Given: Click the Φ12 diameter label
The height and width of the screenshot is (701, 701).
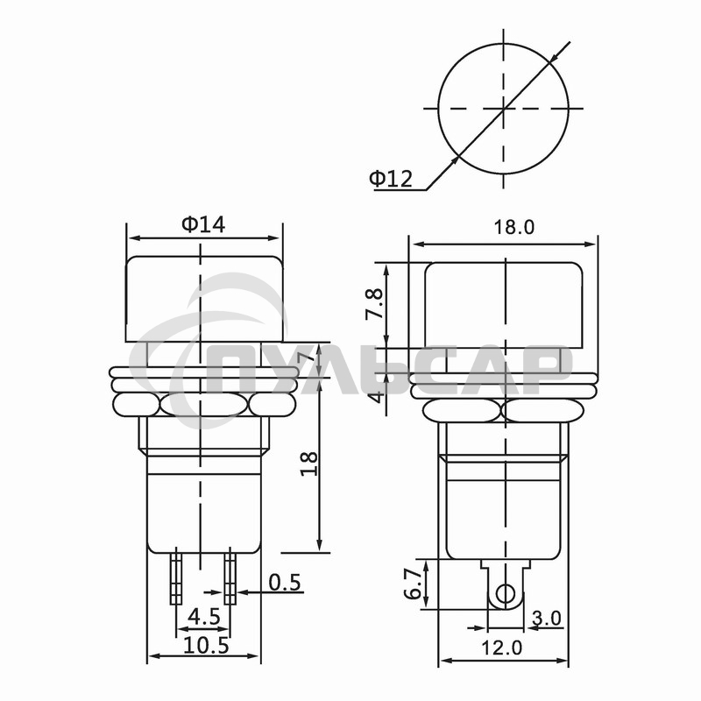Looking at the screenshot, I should (x=390, y=179).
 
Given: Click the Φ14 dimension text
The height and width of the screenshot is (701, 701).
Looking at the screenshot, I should (x=203, y=224).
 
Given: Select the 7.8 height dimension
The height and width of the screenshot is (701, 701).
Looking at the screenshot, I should (x=376, y=304).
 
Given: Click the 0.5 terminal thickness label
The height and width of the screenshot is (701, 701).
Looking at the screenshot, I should (x=285, y=582).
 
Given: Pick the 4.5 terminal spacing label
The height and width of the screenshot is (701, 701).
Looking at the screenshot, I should (x=203, y=617).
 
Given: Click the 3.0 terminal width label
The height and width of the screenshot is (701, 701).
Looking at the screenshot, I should (x=546, y=618).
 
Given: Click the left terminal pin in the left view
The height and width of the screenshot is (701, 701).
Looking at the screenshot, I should (x=177, y=577).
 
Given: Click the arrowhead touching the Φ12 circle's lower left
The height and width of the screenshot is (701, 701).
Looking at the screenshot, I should (x=456, y=159).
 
